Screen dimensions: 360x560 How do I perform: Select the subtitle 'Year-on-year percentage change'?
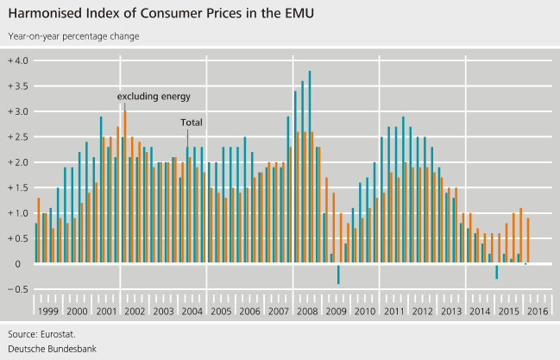[x=73, y=36]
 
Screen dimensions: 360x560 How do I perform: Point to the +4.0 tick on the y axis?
[x=18, y=60]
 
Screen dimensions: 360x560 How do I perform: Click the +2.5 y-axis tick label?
[x=18, y=137]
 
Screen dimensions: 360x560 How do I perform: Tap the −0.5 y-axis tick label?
[x=18, y=289]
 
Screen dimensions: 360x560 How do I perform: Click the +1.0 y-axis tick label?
[x=18, y=213]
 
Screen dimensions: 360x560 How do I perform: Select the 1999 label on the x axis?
[x=47, y=310]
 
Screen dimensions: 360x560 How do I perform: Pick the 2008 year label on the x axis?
[x=308, y=310]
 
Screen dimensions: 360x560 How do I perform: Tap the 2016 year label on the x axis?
[x=538, y=310]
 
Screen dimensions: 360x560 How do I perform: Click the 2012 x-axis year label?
[x=423, y=310]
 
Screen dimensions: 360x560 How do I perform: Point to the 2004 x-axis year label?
[x=192, y=310]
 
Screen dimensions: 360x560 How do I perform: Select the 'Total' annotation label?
[x=191, y=123]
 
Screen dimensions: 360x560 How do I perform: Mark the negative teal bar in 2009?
[x=338, y=274]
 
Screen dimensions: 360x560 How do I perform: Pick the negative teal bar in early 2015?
[x=496, y=271]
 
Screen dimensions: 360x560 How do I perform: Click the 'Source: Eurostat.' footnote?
[x=41, y=332]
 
